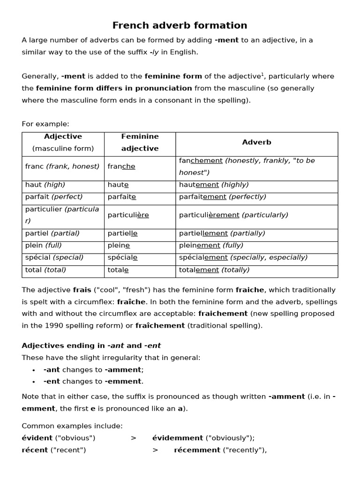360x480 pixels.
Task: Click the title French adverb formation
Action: pyautogui.click(x=180, y=25)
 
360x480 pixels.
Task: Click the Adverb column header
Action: pyautogui.click(x=256, y=142)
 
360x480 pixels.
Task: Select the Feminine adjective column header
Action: pyautogui.click(x=140, y=142)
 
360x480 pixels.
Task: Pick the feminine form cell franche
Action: pyautogui.click(x=121, y=166)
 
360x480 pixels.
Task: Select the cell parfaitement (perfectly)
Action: pyautogui.click(x=222, y=197)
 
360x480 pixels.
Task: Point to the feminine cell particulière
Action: pyautogui.click(x=128, y=215)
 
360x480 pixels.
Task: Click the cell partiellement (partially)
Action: pyautogui.click(x=222, y=233)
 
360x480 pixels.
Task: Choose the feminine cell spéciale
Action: pyautogui.click(x=122, y=258)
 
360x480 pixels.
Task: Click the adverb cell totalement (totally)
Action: pyautogui.click(x=214, y=270)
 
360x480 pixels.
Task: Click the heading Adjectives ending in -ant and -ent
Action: pyautogui.click(x=91, y=345)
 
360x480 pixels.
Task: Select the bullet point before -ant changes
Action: pyautogui.click(x=34, y=370)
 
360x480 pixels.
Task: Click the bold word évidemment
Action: pyautogui.click(x=177, y=438)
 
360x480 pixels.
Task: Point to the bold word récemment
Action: pyautogui.click(x=197, y=450)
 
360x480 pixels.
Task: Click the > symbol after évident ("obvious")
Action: pyautogui.click(x=134, y=438)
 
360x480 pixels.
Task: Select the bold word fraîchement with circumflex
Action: pyautogui.click(x=160, y=325)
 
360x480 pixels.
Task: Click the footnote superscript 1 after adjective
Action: pyautogui.click(x=262, y=74)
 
